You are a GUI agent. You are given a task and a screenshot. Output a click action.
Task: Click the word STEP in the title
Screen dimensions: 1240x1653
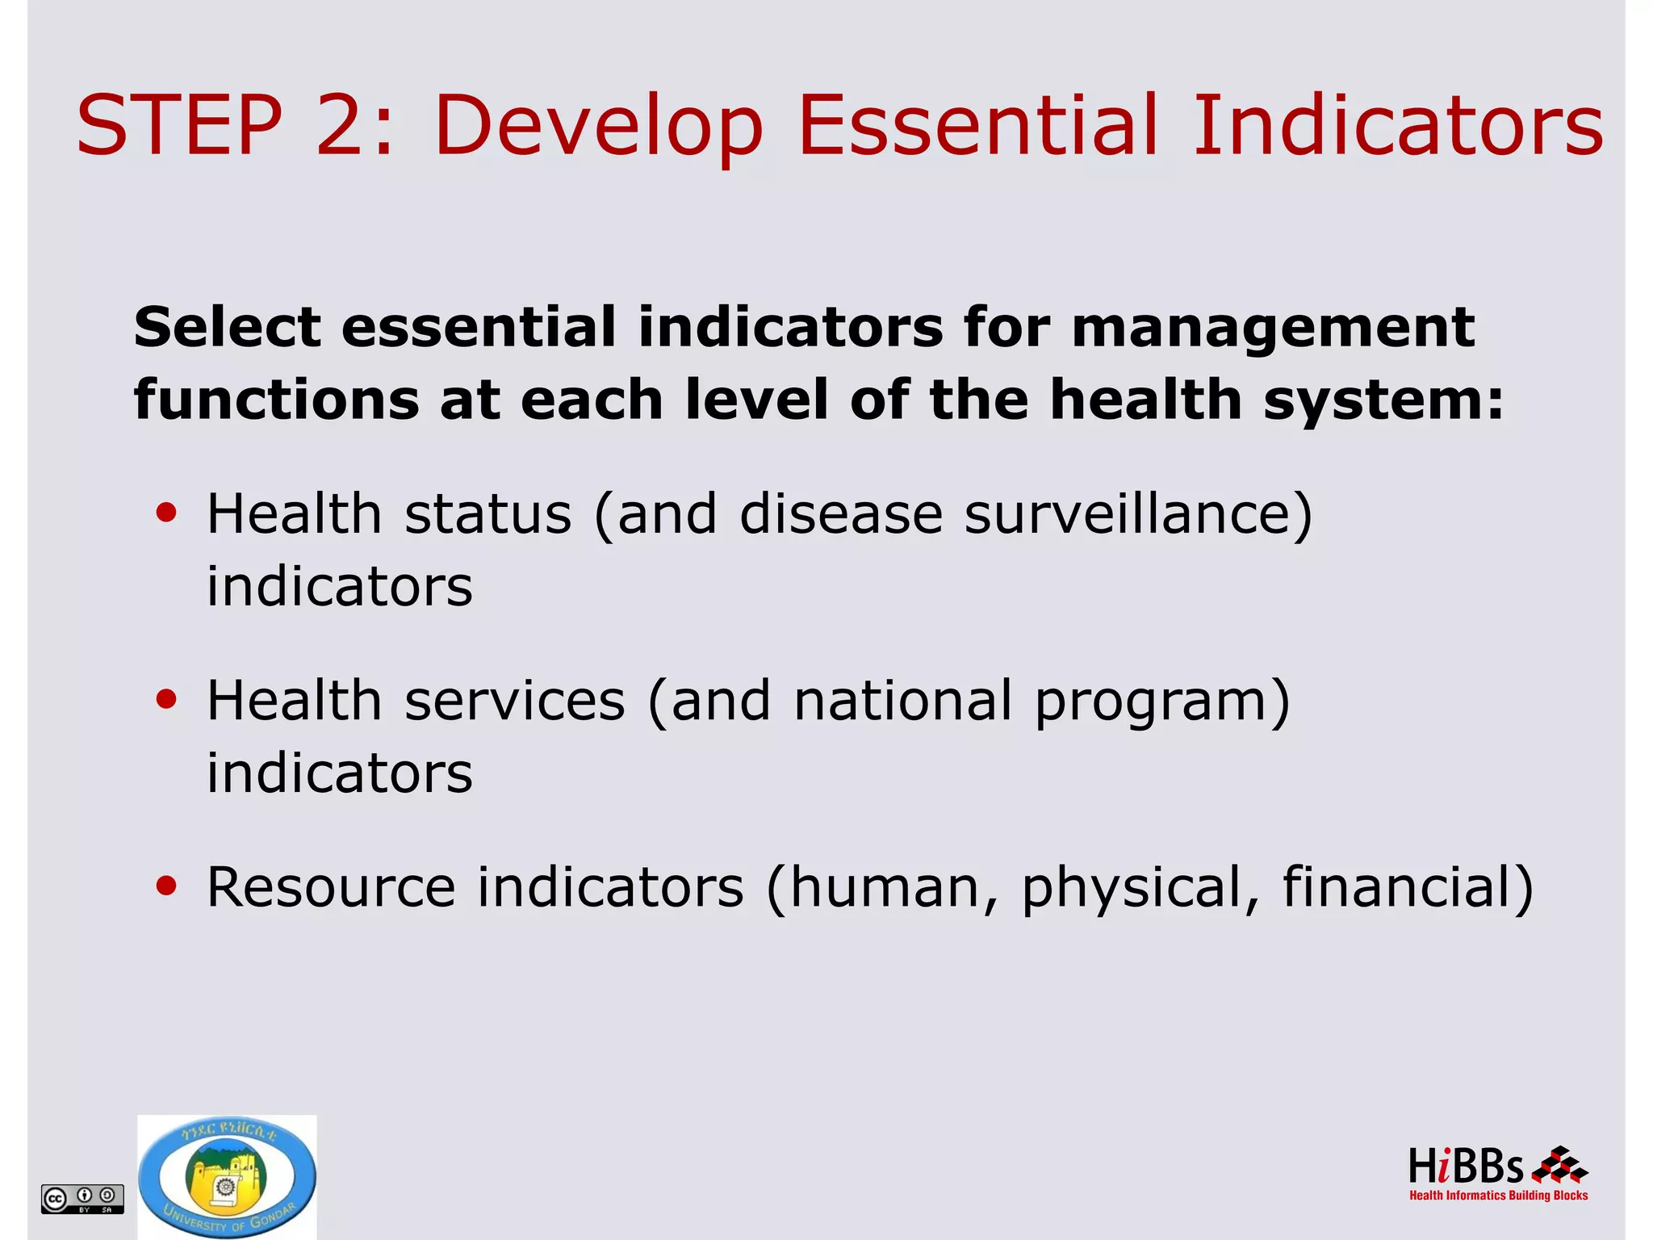click(179, 125)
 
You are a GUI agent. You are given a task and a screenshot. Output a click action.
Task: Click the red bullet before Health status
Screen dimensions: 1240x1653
click(166, 513)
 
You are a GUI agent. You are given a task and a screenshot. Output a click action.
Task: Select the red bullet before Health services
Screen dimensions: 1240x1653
click(166, 700)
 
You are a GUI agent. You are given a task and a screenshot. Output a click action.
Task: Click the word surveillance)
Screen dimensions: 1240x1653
click(1138, 513)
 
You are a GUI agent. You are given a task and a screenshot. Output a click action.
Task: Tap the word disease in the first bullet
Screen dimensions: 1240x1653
click(840, 513)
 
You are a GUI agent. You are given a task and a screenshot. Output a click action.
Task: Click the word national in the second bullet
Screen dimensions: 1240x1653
click(902, 700)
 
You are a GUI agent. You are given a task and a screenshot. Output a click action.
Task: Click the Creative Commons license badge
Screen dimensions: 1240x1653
click(82, 1198)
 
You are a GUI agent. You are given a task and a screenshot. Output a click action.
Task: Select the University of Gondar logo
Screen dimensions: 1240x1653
click(227, 1177)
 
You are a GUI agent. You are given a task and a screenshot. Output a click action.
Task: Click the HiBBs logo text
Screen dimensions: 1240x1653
click(1465, 1167)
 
